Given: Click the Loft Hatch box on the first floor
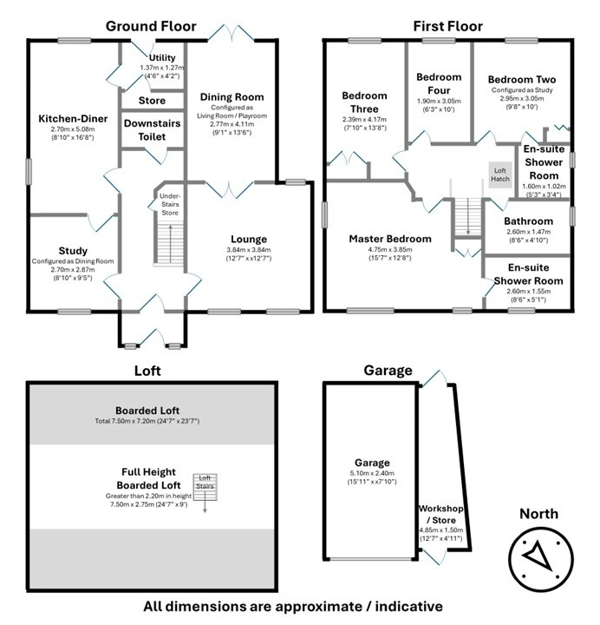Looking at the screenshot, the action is click(x=500, y=174).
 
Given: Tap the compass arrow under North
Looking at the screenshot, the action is click(x=538, y=554).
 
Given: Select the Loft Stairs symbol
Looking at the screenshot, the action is click(x=205, y=488).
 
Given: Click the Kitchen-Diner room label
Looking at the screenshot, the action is click(x=73, y=118).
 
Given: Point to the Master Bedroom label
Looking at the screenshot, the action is click(x=390, y=239).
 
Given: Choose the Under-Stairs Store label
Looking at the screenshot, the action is click(x=170, y=204).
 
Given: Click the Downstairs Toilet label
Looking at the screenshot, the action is click(x=152, y=130).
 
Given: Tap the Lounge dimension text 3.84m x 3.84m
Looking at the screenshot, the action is click(x=249, y=250).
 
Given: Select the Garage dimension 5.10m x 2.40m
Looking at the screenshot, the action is click(x=372, y=473).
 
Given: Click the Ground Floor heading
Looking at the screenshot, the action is click(x=151, y=26).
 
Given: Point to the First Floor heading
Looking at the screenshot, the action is click(x=448, y=26).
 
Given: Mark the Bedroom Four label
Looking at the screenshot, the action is click(x=439, y=83).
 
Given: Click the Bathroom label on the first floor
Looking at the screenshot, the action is click(x=528, y=220).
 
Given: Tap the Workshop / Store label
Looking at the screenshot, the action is click(x=441, y=514).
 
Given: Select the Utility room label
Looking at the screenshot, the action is click(x=162, y=57).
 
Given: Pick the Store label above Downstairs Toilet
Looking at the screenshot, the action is click(x=152, y=101).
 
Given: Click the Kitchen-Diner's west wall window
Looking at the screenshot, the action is click(x=29, y=171).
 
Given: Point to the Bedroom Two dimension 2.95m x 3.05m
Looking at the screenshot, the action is click(x=522, y=98).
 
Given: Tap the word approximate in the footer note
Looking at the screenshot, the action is click(x=317, y=606).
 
